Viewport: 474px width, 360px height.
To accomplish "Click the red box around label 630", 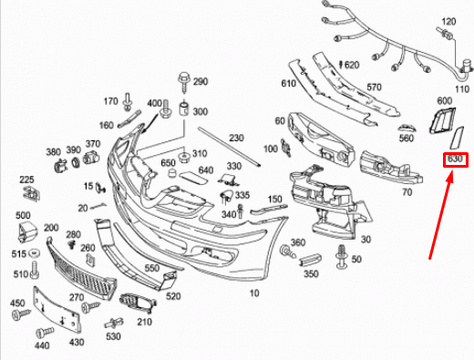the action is [x=456, y=159].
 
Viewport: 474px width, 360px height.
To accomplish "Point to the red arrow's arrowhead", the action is [x=450, y=176].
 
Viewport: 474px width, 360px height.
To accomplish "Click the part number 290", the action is [x=201, y=81].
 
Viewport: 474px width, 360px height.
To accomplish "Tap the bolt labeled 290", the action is [x=183, y=82].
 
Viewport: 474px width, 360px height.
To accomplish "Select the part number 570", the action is [x=374, y=87].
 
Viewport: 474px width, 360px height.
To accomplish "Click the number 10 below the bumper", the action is [x=254, y=293].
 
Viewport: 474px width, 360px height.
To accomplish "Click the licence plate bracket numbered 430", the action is [x=57, y=310].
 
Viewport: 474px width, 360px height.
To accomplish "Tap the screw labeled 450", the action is [x=21, y=314].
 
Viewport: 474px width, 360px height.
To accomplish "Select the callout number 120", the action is [x=448, y=22].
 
